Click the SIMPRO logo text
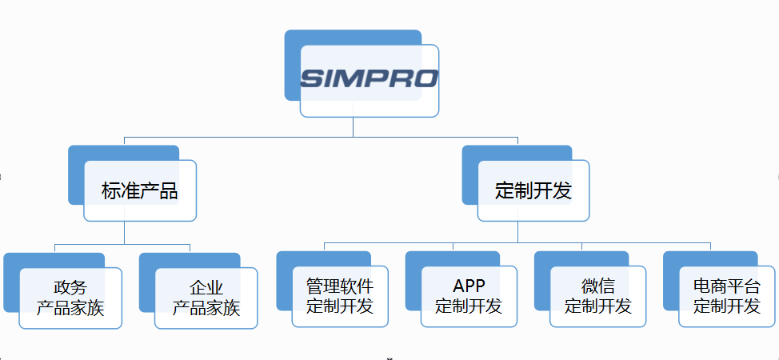tap(370, 78)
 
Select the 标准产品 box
tap(140, 191)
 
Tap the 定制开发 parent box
tap(533, 191)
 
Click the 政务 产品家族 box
tap(70, 298)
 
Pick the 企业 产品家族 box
tap(206, 298)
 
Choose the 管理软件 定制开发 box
tap(340, 297)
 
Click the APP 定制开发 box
tap(469, 297)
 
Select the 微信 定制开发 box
tap(597, 297)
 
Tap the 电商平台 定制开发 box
tap(727, 297)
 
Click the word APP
tap(469, 287)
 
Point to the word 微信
tap(598, 287)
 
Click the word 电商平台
tap(727, 287)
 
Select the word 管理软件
tap(340, 287)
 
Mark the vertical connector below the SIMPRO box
tap(353, 127)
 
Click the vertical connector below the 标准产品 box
tap(125, 232)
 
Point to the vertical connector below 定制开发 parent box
tap(517, 231)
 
